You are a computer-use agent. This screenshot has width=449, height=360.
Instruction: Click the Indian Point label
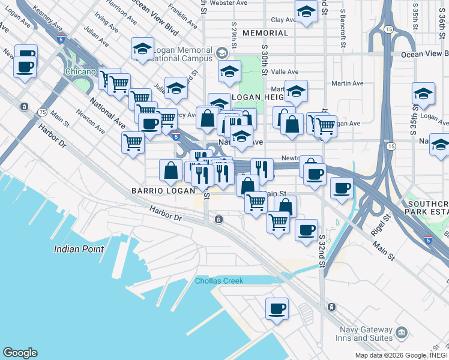click(x=79, y=249)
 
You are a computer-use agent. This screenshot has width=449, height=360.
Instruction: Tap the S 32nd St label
click(x=322, y=251)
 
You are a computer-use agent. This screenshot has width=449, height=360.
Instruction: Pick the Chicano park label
click(x=80, y=72)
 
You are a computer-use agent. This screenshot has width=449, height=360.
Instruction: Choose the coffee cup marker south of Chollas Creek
click(x=277, y=310)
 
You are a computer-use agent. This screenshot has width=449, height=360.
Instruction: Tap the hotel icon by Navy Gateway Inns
click(x=402, y=332)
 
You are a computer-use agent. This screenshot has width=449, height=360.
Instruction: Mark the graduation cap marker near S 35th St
click(x=423, y=95)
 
